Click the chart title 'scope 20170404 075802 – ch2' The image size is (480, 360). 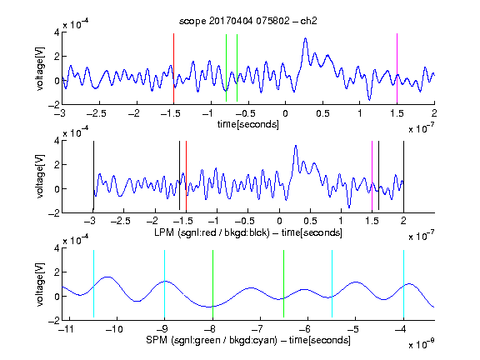248,21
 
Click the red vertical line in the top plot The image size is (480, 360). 173,68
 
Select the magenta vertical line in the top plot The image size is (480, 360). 397,68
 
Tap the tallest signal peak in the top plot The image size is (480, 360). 305,38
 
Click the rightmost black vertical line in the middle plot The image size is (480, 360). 403,177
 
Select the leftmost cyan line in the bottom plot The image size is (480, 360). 93,284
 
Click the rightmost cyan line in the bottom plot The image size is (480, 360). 403,284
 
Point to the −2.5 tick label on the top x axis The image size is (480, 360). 96,113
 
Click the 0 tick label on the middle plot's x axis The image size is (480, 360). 279,221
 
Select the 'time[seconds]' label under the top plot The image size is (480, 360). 248,124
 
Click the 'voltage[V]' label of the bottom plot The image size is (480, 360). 40,284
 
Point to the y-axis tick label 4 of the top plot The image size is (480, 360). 57,32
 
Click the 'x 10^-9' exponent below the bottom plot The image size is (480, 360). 421,344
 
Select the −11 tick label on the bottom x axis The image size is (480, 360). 67,329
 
